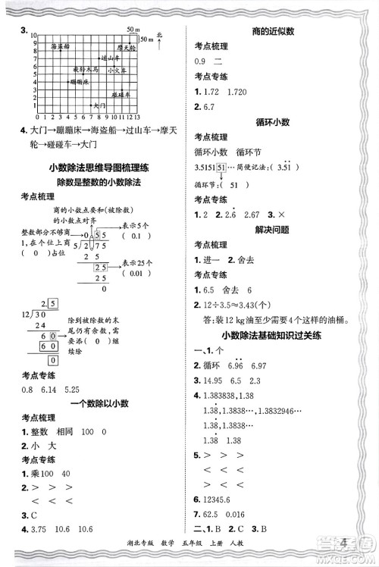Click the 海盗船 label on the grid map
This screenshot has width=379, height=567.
coord(61,47)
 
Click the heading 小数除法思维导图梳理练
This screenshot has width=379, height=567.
coord(95,168)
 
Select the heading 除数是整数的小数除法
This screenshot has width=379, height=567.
coord(95,183)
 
